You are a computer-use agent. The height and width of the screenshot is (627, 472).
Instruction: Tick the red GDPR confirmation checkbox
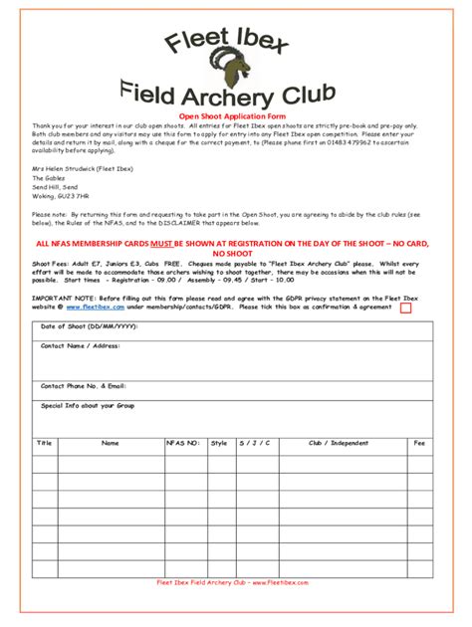[x=405, y=309]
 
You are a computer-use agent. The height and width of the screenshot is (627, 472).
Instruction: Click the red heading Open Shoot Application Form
[x=234, y=116]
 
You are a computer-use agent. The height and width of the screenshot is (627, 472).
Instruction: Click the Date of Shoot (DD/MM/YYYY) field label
[x=89, y=326]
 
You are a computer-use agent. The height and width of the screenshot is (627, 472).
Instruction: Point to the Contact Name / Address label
[x=80, y=346]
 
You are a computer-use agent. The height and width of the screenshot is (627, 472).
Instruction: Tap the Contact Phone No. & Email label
[x=83, y=385]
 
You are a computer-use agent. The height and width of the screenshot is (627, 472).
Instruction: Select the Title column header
[x=44, y=443]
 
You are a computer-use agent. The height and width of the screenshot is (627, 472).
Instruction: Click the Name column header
[x=110, y=443]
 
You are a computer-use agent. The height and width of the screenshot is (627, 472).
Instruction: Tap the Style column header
[x=218, y=443]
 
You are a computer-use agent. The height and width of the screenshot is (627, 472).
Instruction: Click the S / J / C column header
[x=254, y=443]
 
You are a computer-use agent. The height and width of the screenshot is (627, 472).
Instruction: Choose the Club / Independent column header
[x=338, y=443]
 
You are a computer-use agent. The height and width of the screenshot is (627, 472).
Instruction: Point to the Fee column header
[x=419, y=443]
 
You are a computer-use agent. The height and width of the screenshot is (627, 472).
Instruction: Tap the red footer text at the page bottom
[x=235, y=581]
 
